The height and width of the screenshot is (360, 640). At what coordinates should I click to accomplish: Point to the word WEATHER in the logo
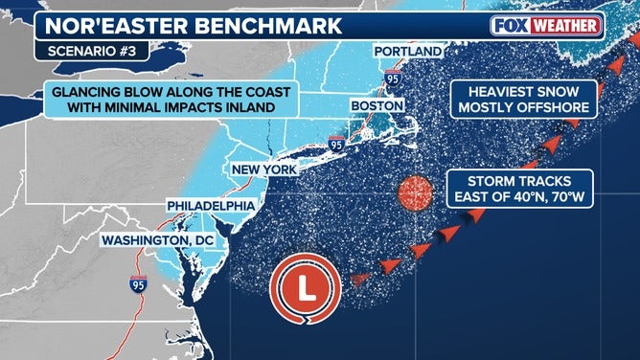coord(565,25)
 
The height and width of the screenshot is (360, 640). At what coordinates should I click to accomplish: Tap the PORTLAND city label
coord(407,51)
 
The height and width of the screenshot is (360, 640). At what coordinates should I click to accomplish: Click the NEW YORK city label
coord(263,170)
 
